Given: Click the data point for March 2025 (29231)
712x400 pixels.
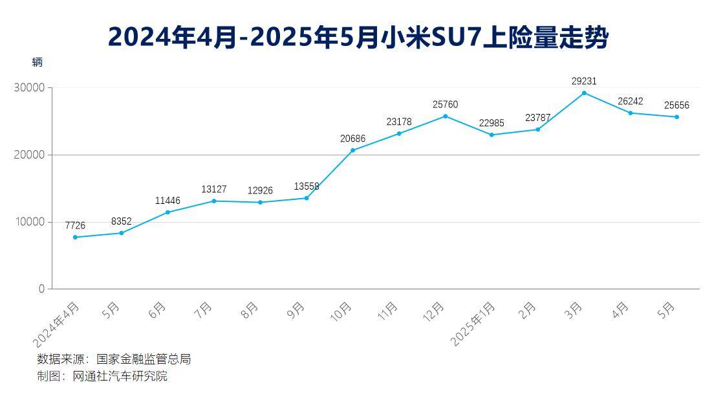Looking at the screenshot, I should click(584, 93).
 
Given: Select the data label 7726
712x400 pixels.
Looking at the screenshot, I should click(75, 225).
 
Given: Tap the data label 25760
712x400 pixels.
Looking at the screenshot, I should click(445, 104).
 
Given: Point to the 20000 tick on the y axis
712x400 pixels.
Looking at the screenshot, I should click(29, 155).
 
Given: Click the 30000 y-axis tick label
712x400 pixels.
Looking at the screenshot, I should click(29, 87).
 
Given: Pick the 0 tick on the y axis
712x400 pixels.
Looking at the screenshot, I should click(41, 289).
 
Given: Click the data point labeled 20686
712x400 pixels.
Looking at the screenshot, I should click(352, 150).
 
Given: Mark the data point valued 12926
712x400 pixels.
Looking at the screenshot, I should click(260, 202).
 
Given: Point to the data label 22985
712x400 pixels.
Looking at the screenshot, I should click(491, 123).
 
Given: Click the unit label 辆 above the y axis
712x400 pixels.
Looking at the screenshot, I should click(37, 63).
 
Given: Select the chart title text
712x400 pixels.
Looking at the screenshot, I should click(358, 37).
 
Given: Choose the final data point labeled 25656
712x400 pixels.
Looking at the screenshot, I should click(676, 117).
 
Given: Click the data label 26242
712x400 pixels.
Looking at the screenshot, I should click(630, 101).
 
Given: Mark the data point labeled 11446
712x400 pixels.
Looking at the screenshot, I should click(167, 212).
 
